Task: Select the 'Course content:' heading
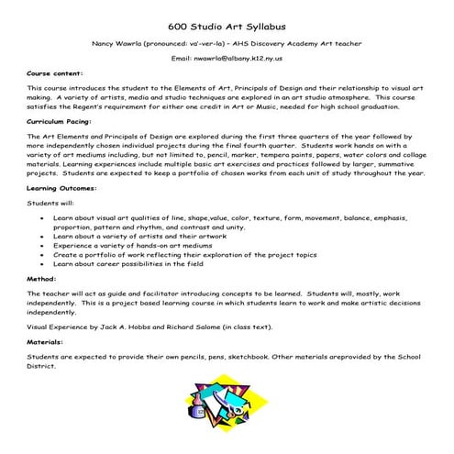tap(54, 72)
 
